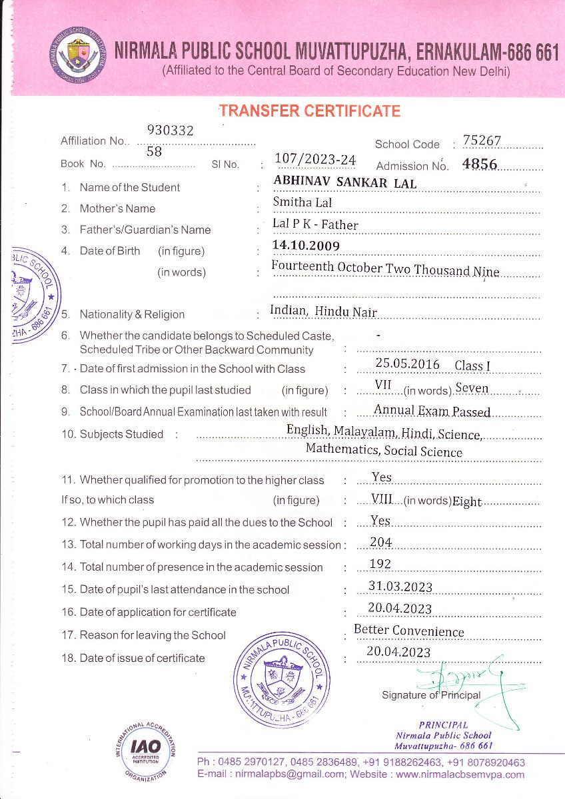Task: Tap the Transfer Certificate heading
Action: [x=310, y=111]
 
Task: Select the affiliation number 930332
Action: [x=170, y=131]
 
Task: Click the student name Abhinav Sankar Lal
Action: [x=345, y=182]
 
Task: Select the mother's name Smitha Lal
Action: [x=302, y=202]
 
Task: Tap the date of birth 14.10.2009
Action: [x=306, y=246]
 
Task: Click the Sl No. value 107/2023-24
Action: [x=315, y=159]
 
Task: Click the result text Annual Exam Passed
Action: [x=432, y=411]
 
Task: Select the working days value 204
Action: [x=380, y=542]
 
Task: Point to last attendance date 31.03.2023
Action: [x=400, y=587]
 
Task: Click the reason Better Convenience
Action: [x=408, y=630]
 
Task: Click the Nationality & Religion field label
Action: [x=132, y=314]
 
